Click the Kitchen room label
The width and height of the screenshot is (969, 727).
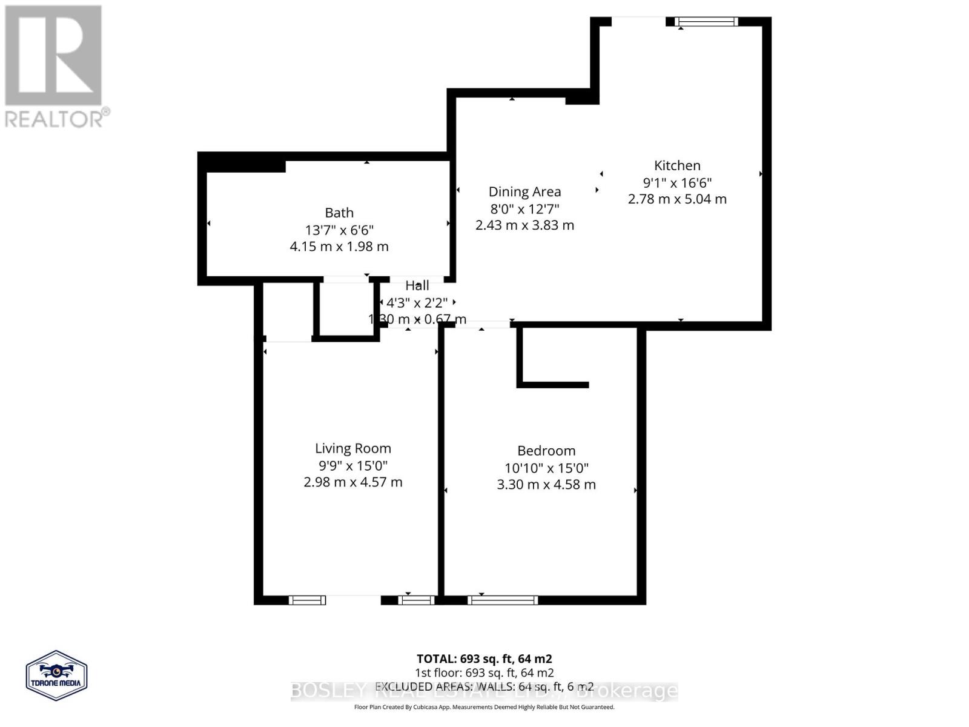677,165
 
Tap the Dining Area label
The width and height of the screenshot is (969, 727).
524,192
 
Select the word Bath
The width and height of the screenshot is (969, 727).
339,213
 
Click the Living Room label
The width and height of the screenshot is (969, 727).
352,448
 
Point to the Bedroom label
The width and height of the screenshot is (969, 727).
546,451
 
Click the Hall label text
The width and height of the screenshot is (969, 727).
417,285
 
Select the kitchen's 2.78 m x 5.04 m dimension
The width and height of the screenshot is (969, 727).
677,199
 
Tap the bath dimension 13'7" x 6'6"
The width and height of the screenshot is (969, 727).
339,230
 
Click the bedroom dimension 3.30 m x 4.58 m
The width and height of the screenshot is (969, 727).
546,485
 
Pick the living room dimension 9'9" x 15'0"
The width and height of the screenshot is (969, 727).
352,466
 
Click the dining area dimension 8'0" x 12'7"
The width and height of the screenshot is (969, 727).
524,209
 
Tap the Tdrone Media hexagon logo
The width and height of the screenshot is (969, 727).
57,676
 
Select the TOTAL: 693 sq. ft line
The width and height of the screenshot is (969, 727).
484,659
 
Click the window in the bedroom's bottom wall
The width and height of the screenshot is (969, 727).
503,600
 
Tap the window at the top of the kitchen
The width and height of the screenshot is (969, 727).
707,22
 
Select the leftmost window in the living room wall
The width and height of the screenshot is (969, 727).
307,600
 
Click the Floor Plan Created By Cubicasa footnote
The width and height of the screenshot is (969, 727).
484,707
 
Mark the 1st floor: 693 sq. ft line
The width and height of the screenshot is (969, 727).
484,672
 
